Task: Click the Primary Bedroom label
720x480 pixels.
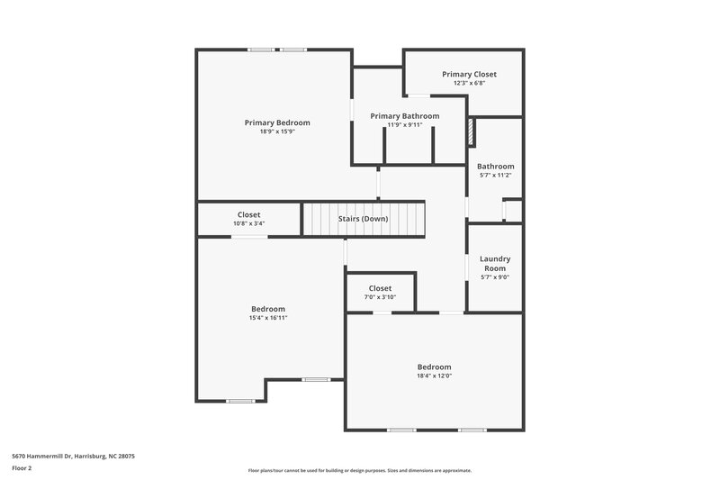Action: click(277, 122)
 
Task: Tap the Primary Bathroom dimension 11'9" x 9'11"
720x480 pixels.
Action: click(404, 124)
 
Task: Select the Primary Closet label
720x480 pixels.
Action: click(469, 74)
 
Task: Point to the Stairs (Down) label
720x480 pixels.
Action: click(363, 219)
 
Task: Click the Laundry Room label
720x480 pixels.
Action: click(494, 263)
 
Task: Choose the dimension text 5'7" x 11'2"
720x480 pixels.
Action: click(495, 175)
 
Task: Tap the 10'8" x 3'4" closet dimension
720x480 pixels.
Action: click(248, 223)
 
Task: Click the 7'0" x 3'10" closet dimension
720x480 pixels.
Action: click(380, 297)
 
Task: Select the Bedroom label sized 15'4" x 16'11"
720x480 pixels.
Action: click(268, 309)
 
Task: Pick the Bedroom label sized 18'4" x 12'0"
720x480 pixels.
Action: click(434, 367)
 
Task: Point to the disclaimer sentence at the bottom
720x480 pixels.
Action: click(359, 470)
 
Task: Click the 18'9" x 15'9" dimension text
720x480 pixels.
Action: click(277, 131)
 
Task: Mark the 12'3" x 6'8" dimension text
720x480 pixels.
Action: click(469, 83)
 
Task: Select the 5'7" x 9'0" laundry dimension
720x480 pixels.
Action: click(494, 277)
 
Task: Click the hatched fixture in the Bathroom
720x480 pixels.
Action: click(470, 132)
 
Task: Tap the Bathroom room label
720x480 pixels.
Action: click(495, 166)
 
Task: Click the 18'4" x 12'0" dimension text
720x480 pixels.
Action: click(434, 376)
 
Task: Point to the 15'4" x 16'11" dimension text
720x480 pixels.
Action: click(268, 318)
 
